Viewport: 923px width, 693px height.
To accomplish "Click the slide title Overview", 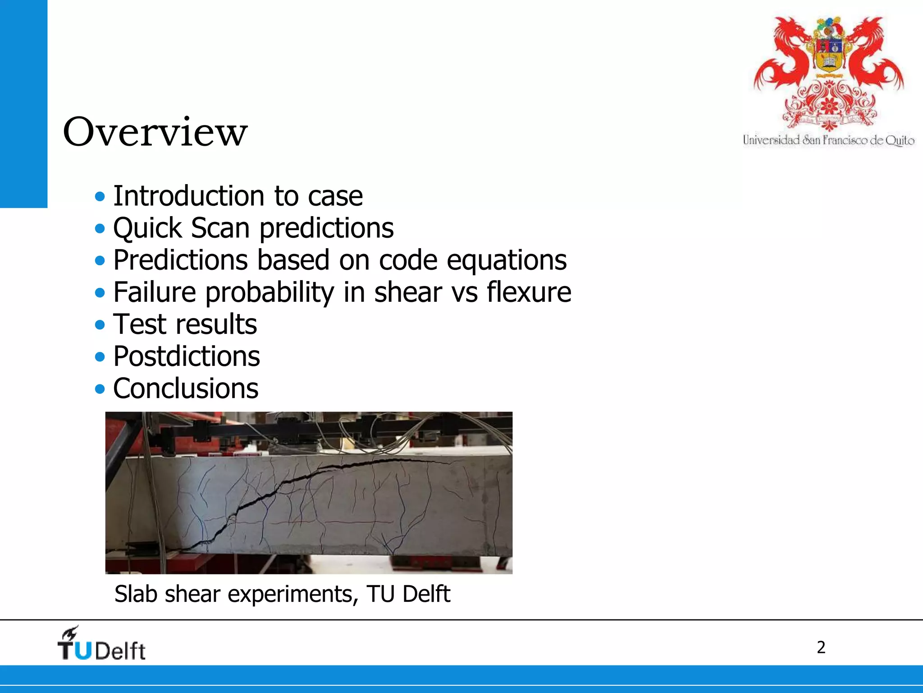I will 155,132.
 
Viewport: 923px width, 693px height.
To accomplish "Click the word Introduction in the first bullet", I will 188,196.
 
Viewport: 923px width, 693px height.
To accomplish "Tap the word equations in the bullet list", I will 506,260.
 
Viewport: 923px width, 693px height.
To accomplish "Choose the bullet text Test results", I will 185,324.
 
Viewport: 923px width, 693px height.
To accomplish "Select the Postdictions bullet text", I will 186,356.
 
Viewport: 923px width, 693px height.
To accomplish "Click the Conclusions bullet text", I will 185,388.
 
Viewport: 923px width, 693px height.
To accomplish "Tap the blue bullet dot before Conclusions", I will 100,389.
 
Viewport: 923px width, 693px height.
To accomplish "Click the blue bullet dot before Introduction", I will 100,197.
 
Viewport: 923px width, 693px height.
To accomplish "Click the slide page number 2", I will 821,647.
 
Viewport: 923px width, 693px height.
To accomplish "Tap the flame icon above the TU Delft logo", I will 71,633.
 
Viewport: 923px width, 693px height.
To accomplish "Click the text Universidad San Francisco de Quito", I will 828,140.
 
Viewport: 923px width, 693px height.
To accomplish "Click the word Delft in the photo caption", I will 426,594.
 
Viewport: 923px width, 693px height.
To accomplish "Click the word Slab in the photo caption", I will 136,594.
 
